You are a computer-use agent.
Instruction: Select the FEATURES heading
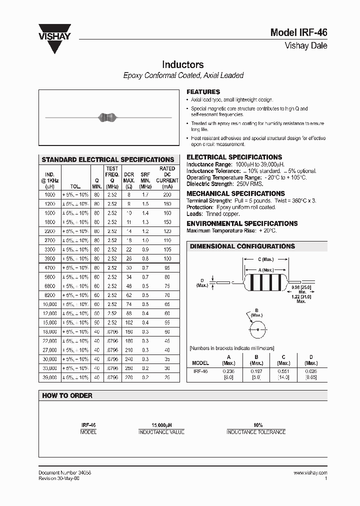(x=203, y=92)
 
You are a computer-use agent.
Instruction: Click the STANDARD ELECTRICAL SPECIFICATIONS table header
(x=108, y=159)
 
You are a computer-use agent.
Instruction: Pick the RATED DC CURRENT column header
(x=167, y=174)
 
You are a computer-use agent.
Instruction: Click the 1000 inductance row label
(x=50, y=194)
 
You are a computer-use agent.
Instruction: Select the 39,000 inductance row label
(x=49, y=377)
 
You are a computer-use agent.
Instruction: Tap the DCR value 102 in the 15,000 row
(x=129, y=322)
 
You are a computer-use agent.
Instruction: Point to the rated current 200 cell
(x=167, y=194)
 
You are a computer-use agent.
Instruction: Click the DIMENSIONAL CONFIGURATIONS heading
(x=242, y=246)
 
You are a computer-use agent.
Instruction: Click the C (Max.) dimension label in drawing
(x=265, y=259)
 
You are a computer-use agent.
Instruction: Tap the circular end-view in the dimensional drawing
(x=257, y=330)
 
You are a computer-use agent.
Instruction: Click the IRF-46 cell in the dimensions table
(x=200, y=371)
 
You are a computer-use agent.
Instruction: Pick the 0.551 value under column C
(x=283, y=371)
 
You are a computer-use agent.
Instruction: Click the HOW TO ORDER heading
(x=67, y=395)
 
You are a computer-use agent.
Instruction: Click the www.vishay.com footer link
(x=310, y=472)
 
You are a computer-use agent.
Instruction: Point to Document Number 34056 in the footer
(x=64, y=472)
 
